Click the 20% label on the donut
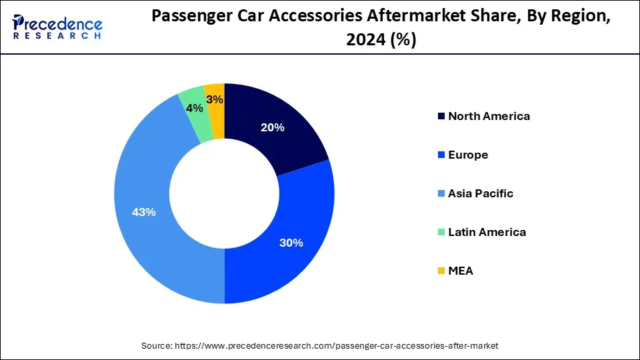coord(273,127)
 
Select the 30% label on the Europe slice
coord(291,243)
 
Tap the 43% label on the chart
coord(144,212)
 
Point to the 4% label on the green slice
coord(194,108)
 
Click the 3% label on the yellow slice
coord(215,99)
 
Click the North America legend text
coord(489,116)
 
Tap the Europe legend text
coord(468,155)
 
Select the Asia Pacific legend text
coord(481,193)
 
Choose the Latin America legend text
coord(487,232)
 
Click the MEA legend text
coord(461,271)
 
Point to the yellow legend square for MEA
coord(441,271)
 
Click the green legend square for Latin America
coord(441,233)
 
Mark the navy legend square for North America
coord(441,117)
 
